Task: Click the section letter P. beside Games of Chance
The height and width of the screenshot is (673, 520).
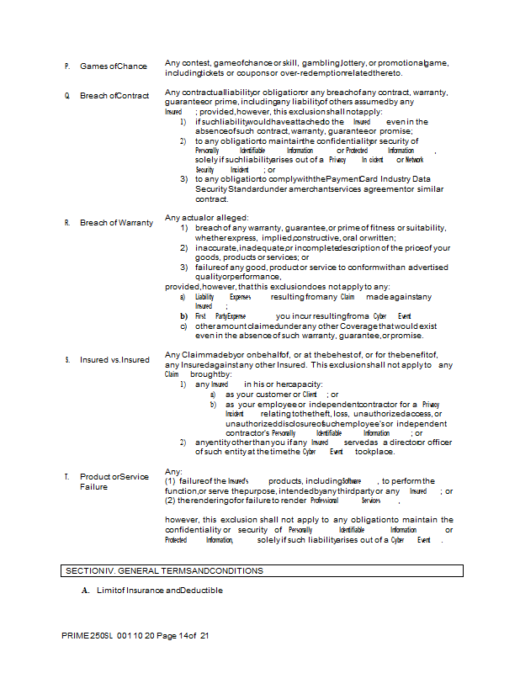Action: click(66, 66)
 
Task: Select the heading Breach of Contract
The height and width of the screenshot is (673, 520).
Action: click(114, 96)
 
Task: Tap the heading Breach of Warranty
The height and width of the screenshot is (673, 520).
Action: click(116, 223)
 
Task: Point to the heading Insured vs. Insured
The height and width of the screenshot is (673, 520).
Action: click(114, 360)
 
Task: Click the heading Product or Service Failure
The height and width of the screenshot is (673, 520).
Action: click(114, 482)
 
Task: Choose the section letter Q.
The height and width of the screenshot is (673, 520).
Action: click(66, 96)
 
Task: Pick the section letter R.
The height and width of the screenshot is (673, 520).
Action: click(66, 223)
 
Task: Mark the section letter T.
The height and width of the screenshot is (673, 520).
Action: click(66, 477)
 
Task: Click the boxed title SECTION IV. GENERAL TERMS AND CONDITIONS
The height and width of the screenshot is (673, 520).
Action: click(163, 571)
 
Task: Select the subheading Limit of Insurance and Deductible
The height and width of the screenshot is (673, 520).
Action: click(158, 591)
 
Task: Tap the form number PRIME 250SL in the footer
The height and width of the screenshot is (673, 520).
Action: click(82, 636)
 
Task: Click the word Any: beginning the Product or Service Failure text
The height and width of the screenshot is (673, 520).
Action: click(173, 471)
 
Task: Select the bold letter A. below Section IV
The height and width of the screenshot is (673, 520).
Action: click(85, 591)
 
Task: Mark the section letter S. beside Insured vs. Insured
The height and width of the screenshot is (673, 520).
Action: click(66, 360)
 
